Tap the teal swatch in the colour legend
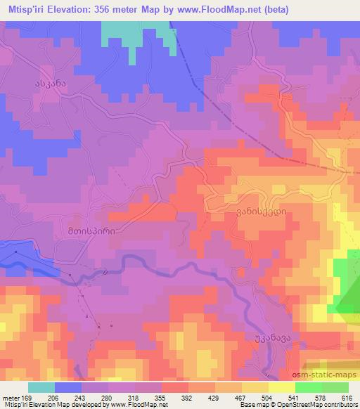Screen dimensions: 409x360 41,387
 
